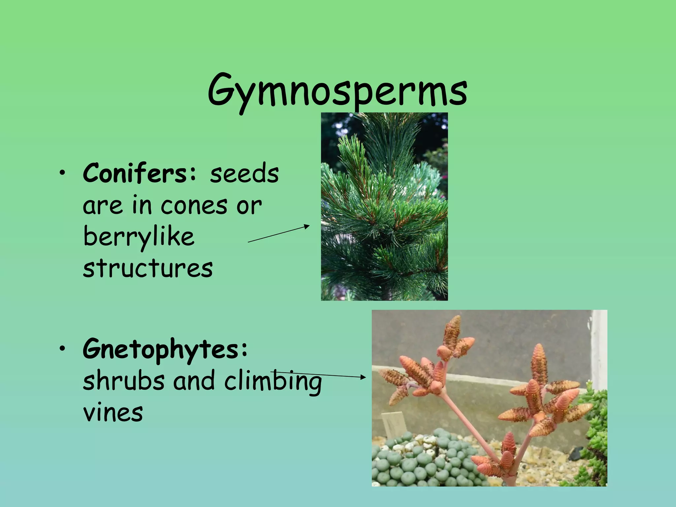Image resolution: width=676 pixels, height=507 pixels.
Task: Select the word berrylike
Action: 139,237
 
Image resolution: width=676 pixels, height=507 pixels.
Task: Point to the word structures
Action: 148,268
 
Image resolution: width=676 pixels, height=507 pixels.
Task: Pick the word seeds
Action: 244,174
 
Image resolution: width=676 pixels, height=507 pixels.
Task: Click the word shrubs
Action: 123,380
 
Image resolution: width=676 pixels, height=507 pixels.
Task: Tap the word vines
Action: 113,413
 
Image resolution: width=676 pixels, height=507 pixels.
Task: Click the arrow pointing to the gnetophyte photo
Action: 320,375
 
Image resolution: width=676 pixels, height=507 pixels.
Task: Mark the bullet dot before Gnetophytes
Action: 62,351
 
